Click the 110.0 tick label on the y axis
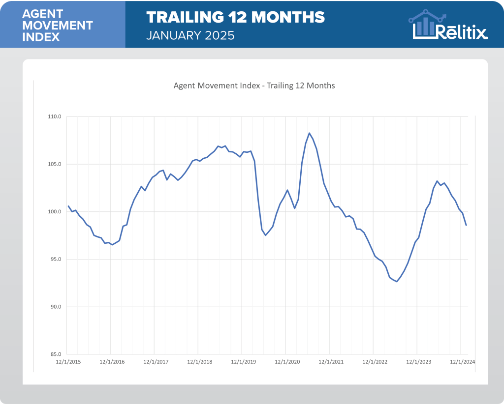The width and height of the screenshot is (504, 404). pos(54,117)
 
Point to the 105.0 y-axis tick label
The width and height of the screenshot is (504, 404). pos(54,165)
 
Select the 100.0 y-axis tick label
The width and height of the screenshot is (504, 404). pos(54,212)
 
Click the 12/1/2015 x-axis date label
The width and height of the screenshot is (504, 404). pos(68,362)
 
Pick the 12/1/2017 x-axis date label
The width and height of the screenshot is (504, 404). pos(156,362)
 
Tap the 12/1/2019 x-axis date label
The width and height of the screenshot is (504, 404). pos(244,362)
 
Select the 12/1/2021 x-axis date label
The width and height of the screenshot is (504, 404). pos(331,362)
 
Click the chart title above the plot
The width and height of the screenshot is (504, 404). pos(254,86)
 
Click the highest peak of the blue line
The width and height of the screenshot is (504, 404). pos(309,133)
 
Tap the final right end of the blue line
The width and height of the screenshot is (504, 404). pos(466,225)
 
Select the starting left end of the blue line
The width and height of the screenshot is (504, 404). pos(68,206)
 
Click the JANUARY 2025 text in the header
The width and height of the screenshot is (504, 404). pos(190,35)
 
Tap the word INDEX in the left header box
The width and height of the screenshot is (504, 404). pos(41,37)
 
